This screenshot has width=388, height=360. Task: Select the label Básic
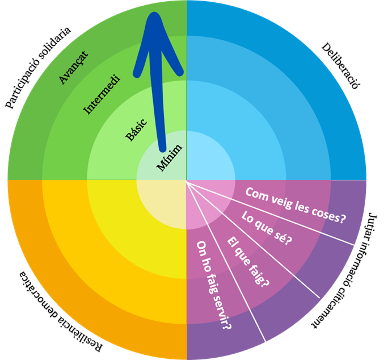click(x=136, y=129)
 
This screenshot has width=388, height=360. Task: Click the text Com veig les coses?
click(x=296, y=204)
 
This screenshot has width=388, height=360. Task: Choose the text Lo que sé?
click(x=266, y=228)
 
